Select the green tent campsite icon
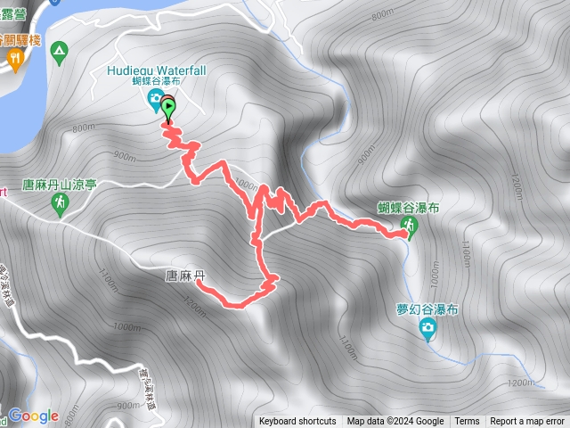[60, 51]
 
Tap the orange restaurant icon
[15, 58]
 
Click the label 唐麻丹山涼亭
[58, 184]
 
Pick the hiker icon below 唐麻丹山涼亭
[60, 204]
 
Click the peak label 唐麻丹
[186, 276]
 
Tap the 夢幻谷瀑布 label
[427, 309]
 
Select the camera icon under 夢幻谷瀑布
[428, 330]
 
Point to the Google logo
[33, 416]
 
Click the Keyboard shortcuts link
[297, 422]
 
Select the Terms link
[467, 422]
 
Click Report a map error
[528, 422]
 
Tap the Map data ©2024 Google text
[395, 422]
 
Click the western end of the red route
[198, 284]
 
